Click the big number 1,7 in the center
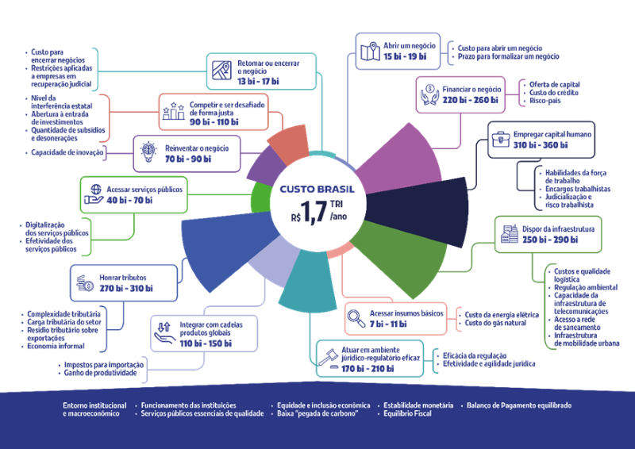click(x=313, y=211)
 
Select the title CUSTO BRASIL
click(x=317, y=189)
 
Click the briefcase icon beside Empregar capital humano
click(x=501, y=140)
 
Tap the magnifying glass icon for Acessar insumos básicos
click(x=356, y=318)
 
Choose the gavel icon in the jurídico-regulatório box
click(x=329, y=359)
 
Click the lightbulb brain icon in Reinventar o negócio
click(x=148, y=152)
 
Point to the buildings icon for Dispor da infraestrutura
click(x=510, y=234)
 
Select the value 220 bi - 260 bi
click(x=470, y=100)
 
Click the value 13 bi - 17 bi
click(x=258, y=82)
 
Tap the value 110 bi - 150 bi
click(x=206, y=343)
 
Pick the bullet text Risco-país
click(x=545, y=101)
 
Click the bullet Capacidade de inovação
click(x=67, y=152)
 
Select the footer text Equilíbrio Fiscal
click(x=407, y=413)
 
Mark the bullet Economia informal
click(x=56, y=346)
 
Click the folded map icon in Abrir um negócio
click(x=370, y=52)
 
